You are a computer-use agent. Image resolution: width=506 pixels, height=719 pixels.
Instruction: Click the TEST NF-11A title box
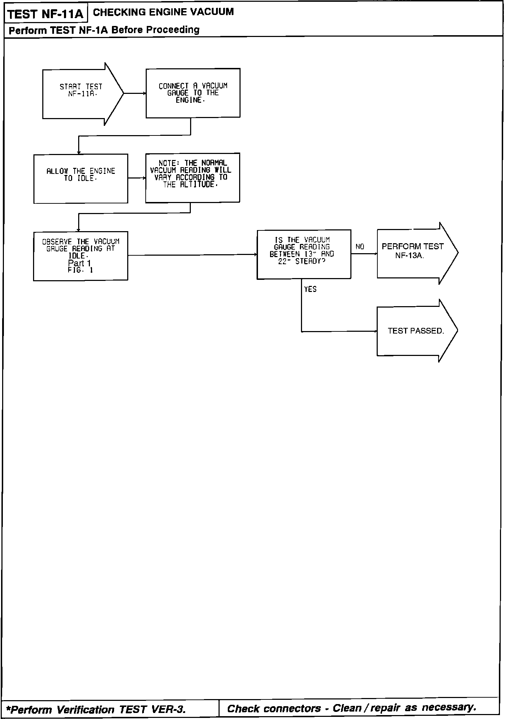(45, 14)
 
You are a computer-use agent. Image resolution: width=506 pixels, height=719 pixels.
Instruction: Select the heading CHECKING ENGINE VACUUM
(163, 12)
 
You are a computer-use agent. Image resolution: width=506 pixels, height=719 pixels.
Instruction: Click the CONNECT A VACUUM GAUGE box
(193, 93)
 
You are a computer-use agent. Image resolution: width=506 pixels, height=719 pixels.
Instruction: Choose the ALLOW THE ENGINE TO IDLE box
(81, 179)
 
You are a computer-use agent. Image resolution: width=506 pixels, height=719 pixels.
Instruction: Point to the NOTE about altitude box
(193, 178)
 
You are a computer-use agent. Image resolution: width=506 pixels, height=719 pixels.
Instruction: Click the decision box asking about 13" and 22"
(304, 254)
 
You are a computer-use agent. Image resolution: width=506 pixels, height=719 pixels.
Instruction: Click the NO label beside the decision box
(360, 247)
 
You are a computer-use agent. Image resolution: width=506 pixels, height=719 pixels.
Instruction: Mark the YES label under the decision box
(310, 289)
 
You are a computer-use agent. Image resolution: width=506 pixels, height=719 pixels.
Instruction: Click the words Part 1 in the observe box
(80, 263)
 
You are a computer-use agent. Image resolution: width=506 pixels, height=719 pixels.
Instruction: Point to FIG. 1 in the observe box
(80, 270)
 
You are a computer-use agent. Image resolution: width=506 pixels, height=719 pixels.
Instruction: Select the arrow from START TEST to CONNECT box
(135, 94)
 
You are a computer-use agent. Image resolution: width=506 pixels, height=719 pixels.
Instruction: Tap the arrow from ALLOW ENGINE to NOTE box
(136, 178)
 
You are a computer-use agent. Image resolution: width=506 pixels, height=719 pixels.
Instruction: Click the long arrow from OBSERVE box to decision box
(192, 255)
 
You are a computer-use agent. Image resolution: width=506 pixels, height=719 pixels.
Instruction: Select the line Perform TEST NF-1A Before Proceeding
(104, 30)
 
